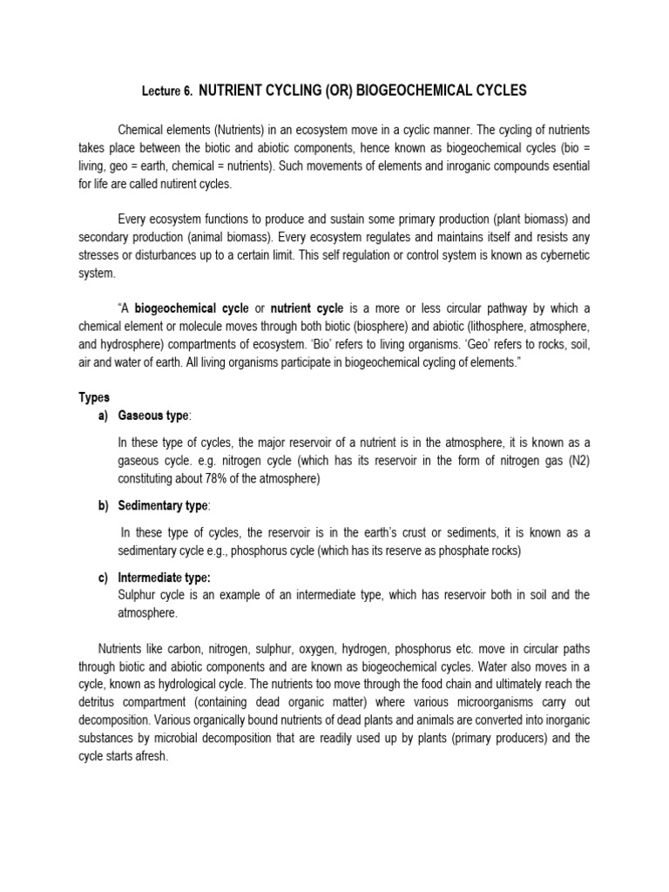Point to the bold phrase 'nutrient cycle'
click(x=307, y=309)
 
